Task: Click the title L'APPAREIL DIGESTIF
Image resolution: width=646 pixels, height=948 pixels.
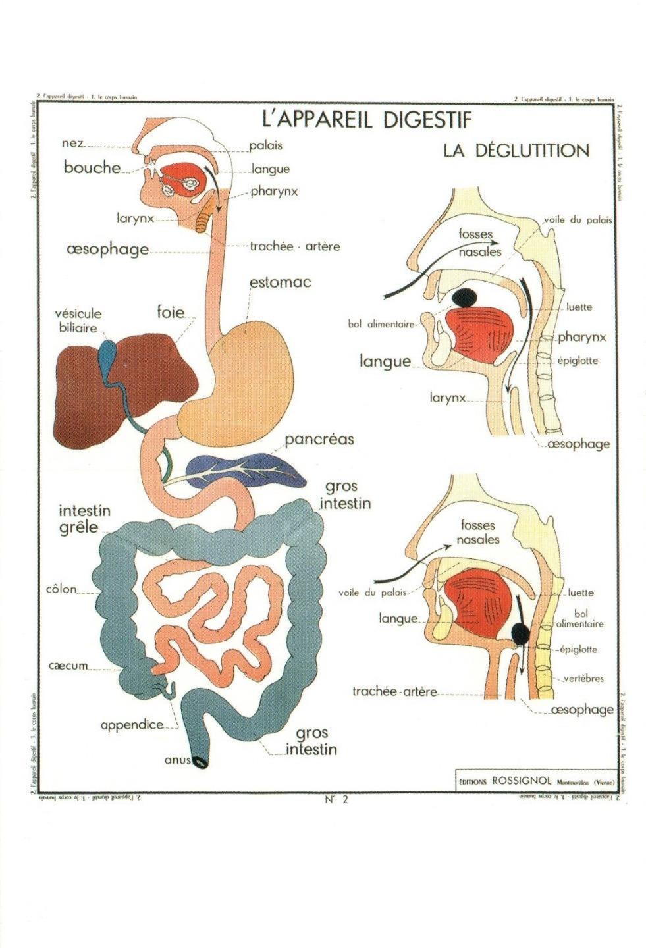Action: point(367,120)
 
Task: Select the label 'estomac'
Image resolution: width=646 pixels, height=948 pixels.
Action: point(280,283)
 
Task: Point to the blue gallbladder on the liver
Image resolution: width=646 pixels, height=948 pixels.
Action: point(107,358)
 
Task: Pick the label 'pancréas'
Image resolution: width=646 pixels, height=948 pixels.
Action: point(319,439)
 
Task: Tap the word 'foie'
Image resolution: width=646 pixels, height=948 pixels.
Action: point(171,312)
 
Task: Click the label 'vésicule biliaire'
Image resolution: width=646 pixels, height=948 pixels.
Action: point(78,321)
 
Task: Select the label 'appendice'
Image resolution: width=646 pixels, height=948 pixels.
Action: point(132,725)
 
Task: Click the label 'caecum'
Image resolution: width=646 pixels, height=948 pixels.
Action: point(68,666)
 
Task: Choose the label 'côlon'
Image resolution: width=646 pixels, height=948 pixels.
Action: point(61,589)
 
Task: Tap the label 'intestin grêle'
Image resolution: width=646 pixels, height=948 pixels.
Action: point(84,519)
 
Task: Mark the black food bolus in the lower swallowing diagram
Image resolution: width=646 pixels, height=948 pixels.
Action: point(520,634)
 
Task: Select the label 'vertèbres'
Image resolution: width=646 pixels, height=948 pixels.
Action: point(583,679)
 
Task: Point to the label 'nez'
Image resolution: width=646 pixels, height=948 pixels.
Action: point(72,143)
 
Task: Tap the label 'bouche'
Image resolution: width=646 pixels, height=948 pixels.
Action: point(92,167)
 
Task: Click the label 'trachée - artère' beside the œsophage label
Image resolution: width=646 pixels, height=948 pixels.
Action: point(294,246)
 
